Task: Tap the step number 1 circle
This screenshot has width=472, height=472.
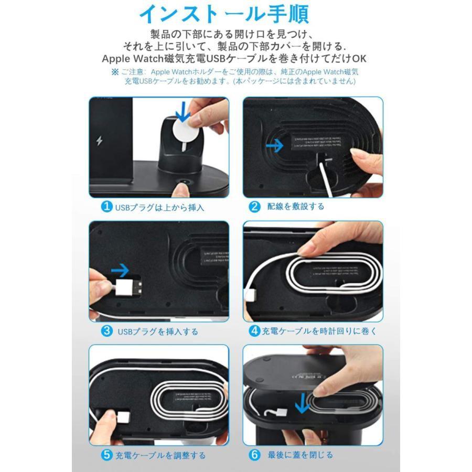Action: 106,207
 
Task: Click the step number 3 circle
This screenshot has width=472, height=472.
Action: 106,331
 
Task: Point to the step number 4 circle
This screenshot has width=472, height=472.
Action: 254,331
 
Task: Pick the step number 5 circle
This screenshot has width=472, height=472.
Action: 106,455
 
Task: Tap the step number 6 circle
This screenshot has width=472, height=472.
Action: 255,455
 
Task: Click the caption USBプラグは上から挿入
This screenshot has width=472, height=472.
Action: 159,207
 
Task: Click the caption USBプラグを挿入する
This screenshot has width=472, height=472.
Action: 158,331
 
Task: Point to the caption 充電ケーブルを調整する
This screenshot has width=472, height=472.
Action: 160,455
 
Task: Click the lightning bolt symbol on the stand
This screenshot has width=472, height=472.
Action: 100,142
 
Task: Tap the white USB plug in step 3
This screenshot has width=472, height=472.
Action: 128,287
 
